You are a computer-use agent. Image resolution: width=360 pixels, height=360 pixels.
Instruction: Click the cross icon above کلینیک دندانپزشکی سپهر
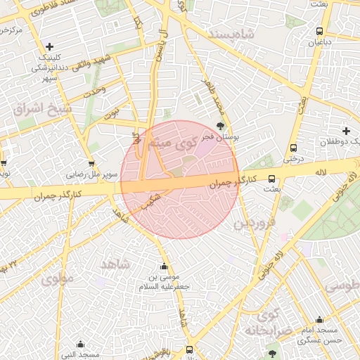click(x=49, y=46)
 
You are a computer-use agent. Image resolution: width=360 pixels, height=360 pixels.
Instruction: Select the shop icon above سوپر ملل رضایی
click(x=91, y=163)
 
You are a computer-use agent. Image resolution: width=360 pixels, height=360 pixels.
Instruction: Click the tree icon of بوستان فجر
click(x=221, y=127)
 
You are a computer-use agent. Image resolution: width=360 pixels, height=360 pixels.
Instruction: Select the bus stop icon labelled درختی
click(x=293, y=148)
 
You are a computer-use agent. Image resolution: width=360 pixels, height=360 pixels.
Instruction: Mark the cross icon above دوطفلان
click(x=346, y=131)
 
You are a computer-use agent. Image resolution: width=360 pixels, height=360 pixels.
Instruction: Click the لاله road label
click(x=321, y=172)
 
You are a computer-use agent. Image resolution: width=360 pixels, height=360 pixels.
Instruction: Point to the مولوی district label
click(x=56, y=278)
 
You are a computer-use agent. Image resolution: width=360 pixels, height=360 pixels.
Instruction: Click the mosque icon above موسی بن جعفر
click(x=165, y=266)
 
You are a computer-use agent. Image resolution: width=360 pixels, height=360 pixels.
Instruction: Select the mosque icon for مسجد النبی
click(x=80, y=344)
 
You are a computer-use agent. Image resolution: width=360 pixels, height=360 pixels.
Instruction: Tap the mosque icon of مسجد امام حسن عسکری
click(x=320, y=319)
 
